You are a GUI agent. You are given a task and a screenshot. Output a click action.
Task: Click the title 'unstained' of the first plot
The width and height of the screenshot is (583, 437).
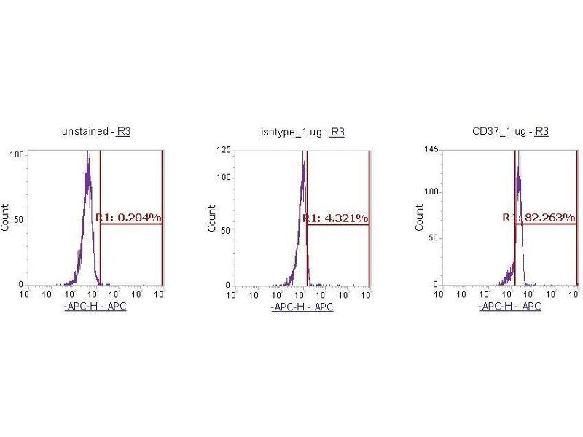point(85,132)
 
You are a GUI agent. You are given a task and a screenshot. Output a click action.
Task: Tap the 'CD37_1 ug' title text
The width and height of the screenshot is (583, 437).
point(501,132)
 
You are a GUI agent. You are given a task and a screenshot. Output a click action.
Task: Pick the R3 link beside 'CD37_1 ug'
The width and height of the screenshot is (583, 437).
point(541,132)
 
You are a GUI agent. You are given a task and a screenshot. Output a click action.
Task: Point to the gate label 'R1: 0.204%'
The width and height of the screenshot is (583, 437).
point(129,217)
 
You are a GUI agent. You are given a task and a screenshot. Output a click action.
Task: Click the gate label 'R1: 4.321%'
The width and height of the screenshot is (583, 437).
point(336,218)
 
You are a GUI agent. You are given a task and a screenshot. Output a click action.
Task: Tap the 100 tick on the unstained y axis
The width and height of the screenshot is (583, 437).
point(16,154)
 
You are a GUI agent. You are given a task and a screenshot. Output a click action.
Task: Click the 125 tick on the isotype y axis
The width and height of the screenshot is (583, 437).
point(223,150)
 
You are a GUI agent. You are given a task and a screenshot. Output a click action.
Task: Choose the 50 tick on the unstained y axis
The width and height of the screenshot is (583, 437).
point(18,220)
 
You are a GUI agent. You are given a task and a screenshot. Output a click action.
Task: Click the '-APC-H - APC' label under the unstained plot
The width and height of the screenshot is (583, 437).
point(95,307)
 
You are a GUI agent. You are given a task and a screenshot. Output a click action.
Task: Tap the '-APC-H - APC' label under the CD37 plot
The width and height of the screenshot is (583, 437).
point(509,307)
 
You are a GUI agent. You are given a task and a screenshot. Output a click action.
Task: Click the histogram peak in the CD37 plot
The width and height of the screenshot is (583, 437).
point(518,155)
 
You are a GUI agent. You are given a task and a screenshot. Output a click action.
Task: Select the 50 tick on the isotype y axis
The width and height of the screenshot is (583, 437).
point(225,231)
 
